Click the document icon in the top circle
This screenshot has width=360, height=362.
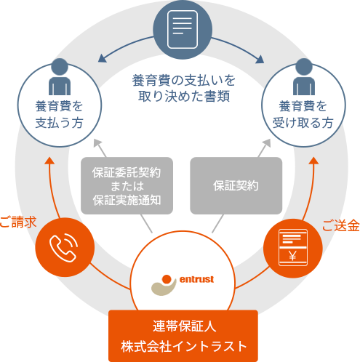[x=183, y=29]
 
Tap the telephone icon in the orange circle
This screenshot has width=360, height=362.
[x=63, y=248]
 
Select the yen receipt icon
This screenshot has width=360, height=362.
[x=293, y=247]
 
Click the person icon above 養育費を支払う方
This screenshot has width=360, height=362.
[x=60, y=77]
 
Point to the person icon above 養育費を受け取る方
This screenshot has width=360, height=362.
[x=304, y=77]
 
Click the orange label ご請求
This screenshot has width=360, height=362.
[x=17, y=222]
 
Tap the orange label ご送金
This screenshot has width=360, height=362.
[x=341, y=225]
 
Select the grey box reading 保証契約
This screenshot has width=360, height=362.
[x=236, y=185]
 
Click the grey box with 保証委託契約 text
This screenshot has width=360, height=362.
[x=127, y=185]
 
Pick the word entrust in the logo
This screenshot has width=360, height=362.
[x=196, y=279]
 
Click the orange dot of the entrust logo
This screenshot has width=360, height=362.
[x=167, y=279]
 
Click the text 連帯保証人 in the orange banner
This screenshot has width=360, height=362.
[x=184, y=326]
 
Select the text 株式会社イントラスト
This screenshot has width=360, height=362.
[x=183, y=346]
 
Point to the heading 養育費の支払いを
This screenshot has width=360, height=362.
[x=183, y=81]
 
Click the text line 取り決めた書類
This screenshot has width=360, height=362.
[x=184, y=96]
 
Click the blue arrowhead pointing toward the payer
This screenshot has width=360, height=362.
[x=102, y=58]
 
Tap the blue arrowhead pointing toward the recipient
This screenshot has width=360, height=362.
[x=260, y=60]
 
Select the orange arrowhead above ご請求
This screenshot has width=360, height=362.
[x=49, y=160]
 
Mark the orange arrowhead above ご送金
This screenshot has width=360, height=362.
[x=313, y=160]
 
